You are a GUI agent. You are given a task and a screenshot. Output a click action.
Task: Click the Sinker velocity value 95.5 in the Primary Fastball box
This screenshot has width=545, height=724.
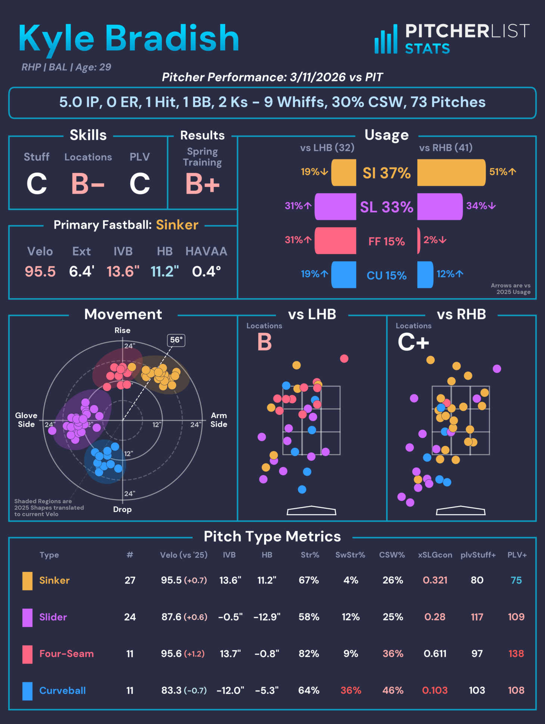pos(40,272)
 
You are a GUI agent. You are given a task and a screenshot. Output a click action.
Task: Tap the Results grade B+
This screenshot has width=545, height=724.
pos(202,184)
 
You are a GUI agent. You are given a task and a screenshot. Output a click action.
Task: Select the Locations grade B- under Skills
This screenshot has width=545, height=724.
pos(88,184)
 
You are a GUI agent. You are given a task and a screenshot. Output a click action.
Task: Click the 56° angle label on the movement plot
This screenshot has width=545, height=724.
pos(176,340)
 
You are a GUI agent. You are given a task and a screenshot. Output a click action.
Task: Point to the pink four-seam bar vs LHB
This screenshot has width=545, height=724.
pos(335,241)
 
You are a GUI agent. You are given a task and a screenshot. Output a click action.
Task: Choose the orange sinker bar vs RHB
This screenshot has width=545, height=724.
pos(451,172)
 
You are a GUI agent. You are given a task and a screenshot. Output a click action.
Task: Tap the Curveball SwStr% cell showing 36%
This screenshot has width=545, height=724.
pos(351,690)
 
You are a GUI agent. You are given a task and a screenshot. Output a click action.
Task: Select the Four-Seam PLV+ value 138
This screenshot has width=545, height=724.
pos(516,653)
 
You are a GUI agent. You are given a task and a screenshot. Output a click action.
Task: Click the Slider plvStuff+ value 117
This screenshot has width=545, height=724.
pos(477,617)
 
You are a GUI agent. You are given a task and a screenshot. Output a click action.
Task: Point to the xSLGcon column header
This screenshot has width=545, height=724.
pos(435,555)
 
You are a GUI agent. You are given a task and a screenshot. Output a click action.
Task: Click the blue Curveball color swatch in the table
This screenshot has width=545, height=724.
pos(27,691)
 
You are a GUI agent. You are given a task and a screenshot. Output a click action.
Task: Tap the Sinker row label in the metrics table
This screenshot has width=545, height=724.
pos(54,580)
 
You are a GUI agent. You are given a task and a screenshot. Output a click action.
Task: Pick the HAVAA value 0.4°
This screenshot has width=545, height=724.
pos(206,272)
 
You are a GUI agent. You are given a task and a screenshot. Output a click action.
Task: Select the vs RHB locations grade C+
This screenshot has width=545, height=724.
pos(413,342)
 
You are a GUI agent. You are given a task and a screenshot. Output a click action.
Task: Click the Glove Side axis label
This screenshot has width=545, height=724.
pos(26,420)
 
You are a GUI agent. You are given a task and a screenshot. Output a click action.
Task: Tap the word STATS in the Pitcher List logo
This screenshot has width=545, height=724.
pos(427,49)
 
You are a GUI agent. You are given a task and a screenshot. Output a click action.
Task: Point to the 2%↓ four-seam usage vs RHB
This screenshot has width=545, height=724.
pos(435,240)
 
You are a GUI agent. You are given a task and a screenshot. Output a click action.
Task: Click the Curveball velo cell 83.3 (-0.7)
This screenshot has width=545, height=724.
pos(184,690)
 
